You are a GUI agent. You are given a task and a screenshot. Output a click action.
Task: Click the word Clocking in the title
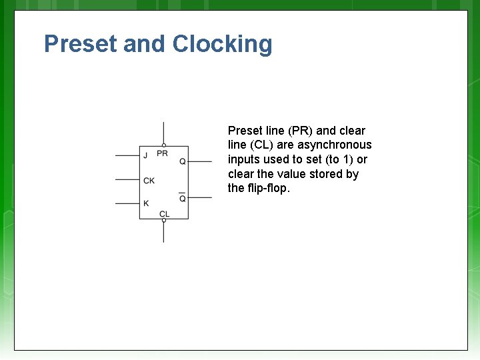pos(222,45)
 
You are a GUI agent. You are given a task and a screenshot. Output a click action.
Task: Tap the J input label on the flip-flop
pos(145,156)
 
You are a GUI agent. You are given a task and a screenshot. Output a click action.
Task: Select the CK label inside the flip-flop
pos(149,180)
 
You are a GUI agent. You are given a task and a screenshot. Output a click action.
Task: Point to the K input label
pos(146,203)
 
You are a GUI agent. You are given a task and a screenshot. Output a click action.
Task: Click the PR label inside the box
pos(162,154)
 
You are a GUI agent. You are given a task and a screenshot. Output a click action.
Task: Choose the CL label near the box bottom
pos(164,213)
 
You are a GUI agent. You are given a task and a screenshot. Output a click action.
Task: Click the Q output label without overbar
pos(183,161)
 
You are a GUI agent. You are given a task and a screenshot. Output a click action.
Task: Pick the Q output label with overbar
pos(183,198)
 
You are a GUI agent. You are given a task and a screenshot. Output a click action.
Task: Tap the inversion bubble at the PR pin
pos(164,145)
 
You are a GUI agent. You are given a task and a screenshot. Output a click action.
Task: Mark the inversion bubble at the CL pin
pos(164,221)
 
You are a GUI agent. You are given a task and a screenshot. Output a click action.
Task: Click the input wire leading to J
pos(127,156)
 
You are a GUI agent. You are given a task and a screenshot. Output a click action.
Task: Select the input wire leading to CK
pos(127,179)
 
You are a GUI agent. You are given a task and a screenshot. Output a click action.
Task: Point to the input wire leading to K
pos(127,203)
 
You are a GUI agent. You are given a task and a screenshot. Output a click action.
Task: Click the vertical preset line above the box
pos(164,132)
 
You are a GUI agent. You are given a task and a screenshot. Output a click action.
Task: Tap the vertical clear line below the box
pos(164,233)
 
